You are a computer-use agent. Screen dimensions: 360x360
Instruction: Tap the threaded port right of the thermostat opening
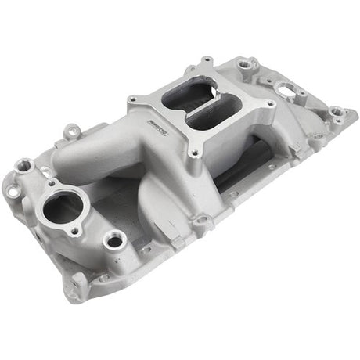[114, 240]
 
